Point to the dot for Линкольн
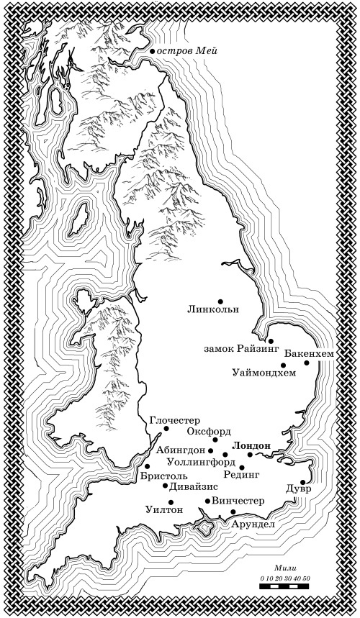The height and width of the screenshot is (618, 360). (220, 301)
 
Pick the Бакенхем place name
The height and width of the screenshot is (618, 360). (308, 354)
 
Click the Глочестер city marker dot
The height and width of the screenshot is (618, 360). (166, 429)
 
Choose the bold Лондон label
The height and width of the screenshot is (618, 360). (252, 445)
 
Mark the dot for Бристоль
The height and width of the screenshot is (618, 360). (148, 466)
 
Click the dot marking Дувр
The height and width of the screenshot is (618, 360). (303, 483)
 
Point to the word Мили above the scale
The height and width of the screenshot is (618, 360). (286, 568)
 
